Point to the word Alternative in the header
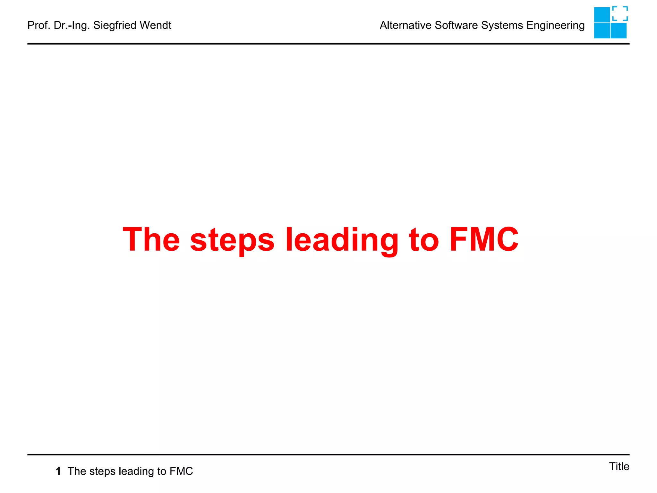405,25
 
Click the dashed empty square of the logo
620,14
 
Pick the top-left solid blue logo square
602,15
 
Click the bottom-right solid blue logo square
619,31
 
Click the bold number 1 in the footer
58,471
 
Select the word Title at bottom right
619,466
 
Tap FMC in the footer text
181,471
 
